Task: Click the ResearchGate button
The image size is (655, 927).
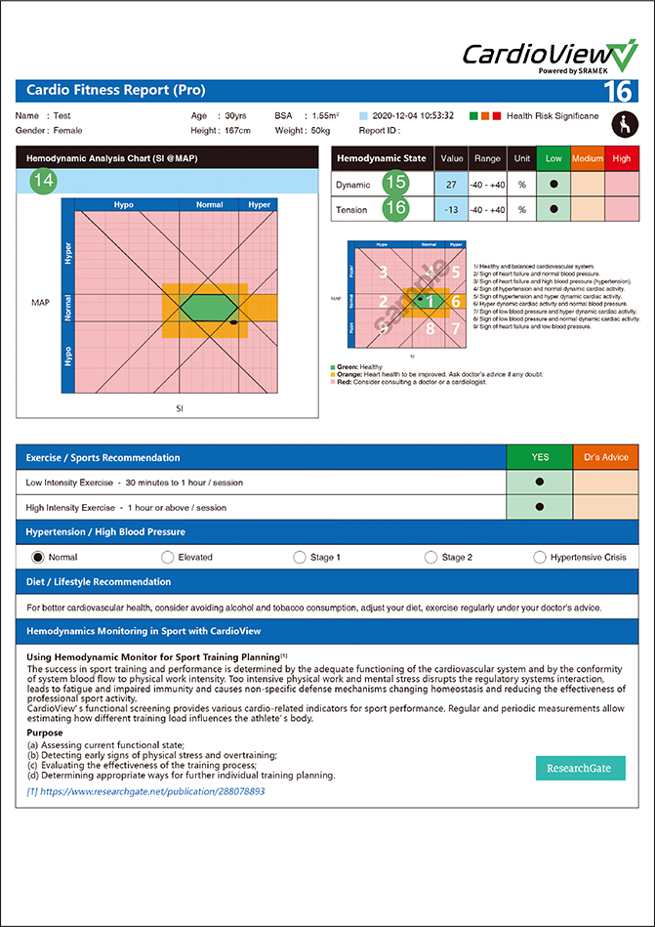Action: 580,768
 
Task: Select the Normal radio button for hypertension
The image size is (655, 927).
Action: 39,557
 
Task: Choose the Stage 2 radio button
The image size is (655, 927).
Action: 430,557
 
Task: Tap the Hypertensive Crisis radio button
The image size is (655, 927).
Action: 540,557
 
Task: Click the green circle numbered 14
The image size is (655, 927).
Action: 43,181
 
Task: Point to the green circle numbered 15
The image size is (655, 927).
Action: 394,183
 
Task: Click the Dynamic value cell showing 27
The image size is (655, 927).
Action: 451,184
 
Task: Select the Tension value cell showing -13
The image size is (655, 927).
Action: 451,209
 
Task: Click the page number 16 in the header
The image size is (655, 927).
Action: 618,92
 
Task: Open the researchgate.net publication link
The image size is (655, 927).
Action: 146,791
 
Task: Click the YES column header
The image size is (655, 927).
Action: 539,457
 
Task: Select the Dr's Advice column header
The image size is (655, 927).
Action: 605,457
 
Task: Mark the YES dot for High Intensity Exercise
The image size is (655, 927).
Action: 539,507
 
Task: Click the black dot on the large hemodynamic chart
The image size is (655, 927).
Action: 233,321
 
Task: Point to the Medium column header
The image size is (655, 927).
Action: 588,158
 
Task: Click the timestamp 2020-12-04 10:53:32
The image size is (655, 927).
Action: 412,115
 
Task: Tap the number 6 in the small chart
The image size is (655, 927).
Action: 456,302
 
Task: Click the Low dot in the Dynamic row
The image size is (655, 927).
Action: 553,184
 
